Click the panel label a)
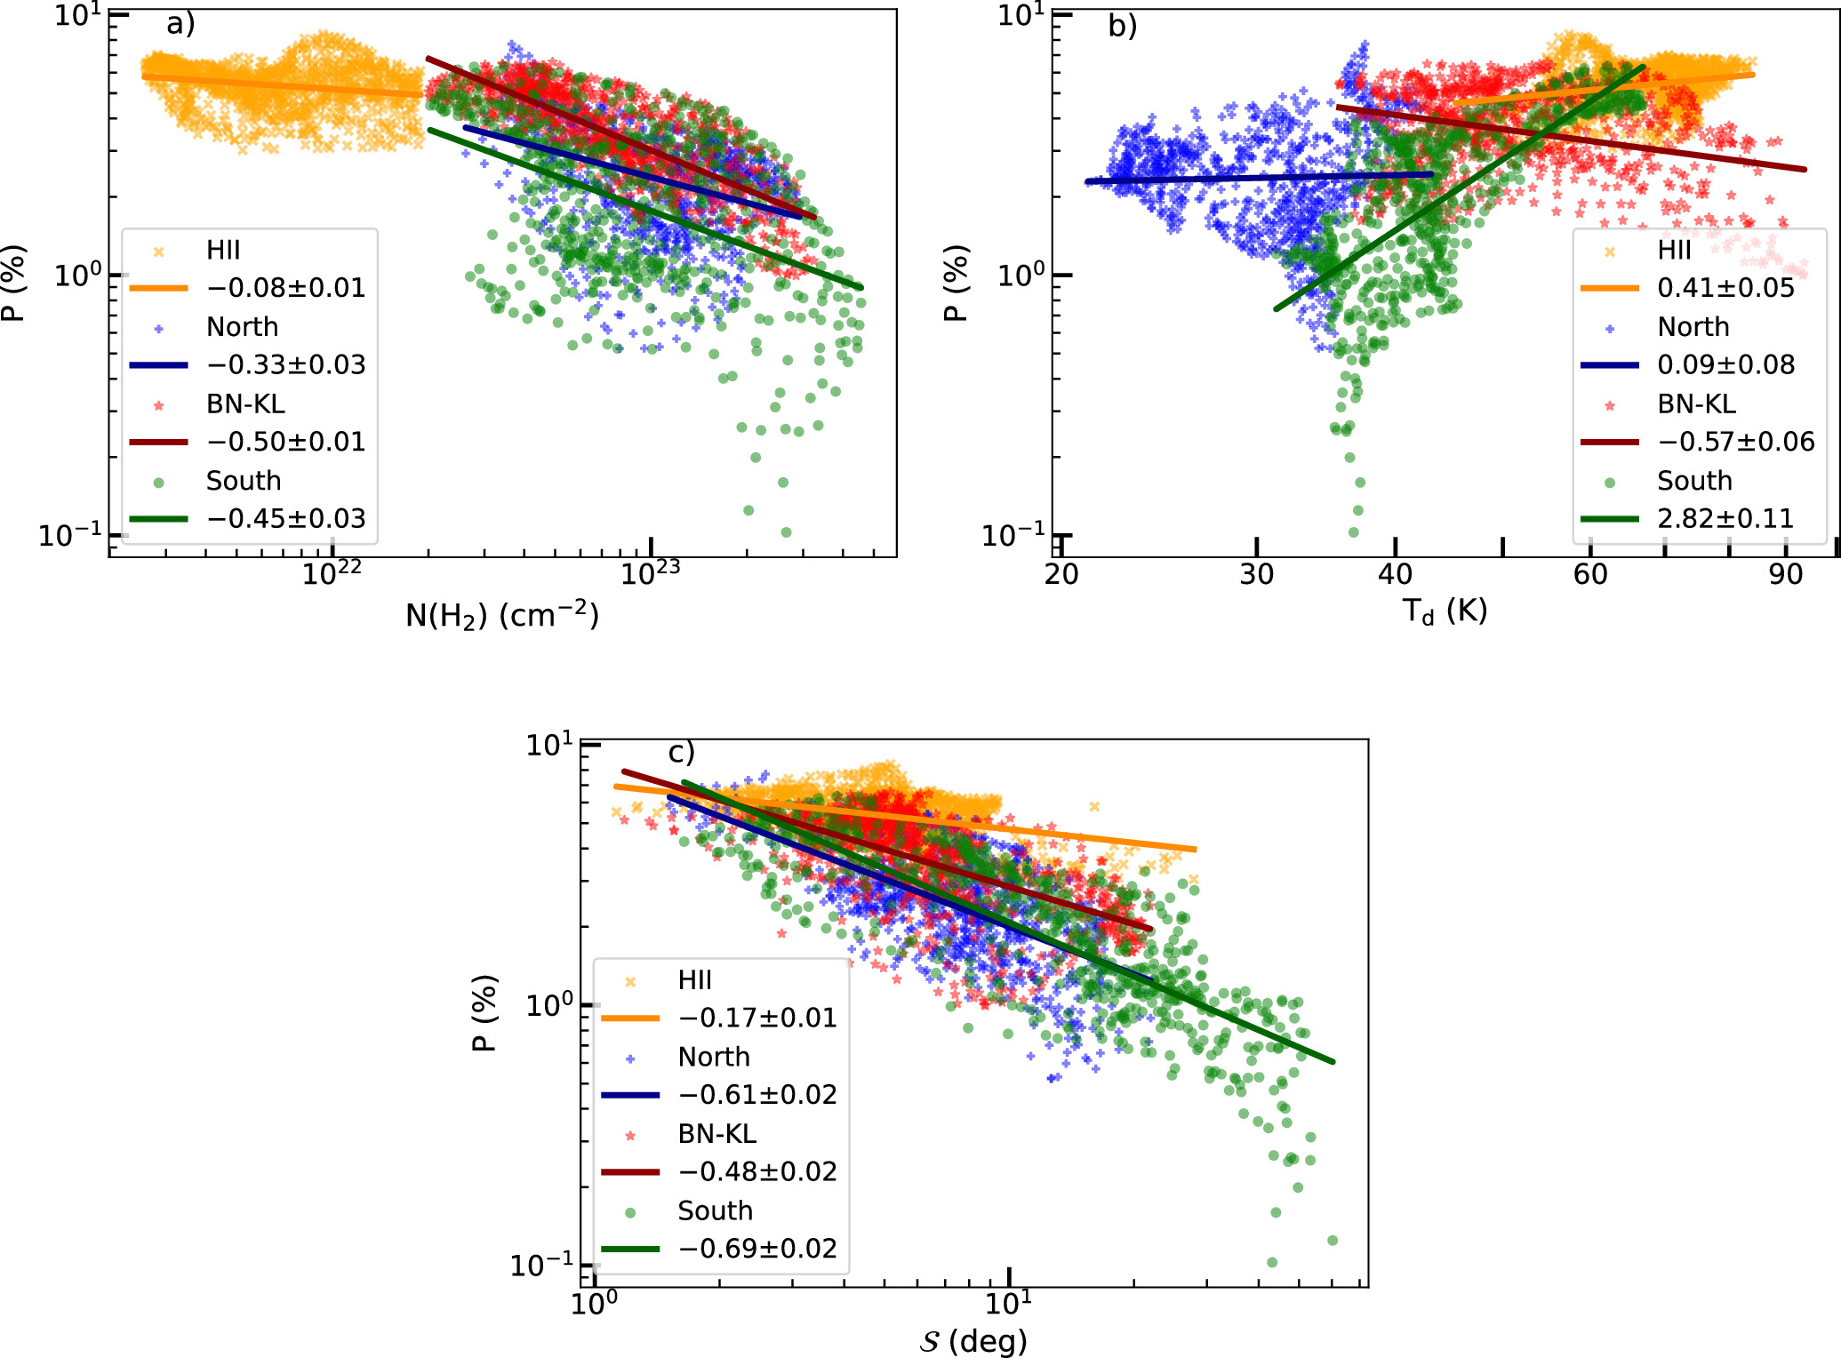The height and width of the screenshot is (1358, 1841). click(180, 24)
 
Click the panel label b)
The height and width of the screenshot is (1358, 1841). click(1122, 26)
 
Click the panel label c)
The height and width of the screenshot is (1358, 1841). click(681, 753)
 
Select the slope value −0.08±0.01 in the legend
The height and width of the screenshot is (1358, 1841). click(285, 288)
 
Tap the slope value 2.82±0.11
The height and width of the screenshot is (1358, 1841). click(1725, 518)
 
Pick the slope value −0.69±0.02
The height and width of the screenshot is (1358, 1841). click(757, 1249)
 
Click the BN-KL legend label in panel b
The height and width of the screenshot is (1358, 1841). click(1696, 404)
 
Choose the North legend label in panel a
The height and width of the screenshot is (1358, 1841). click(242, 327)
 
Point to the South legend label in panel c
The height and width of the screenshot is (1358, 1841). click(715, 1210)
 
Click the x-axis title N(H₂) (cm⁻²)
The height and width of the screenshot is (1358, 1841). click(502, 615)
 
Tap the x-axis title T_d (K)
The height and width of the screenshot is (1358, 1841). click(1445, 611)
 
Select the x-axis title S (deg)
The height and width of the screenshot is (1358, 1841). click(973, 1340)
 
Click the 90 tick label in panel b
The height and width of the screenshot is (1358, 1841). click(1785, 575)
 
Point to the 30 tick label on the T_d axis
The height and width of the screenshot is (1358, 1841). click(1256, 575)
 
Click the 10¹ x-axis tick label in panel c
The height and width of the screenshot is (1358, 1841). click(1009, 1302)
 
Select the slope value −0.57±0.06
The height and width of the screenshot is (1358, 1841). click(1735, 442)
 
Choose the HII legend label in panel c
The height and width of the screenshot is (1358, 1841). click(694, 980)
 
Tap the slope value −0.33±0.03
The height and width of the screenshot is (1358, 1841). click(285, 365)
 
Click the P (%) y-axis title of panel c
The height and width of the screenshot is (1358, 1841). click(484, 1013)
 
